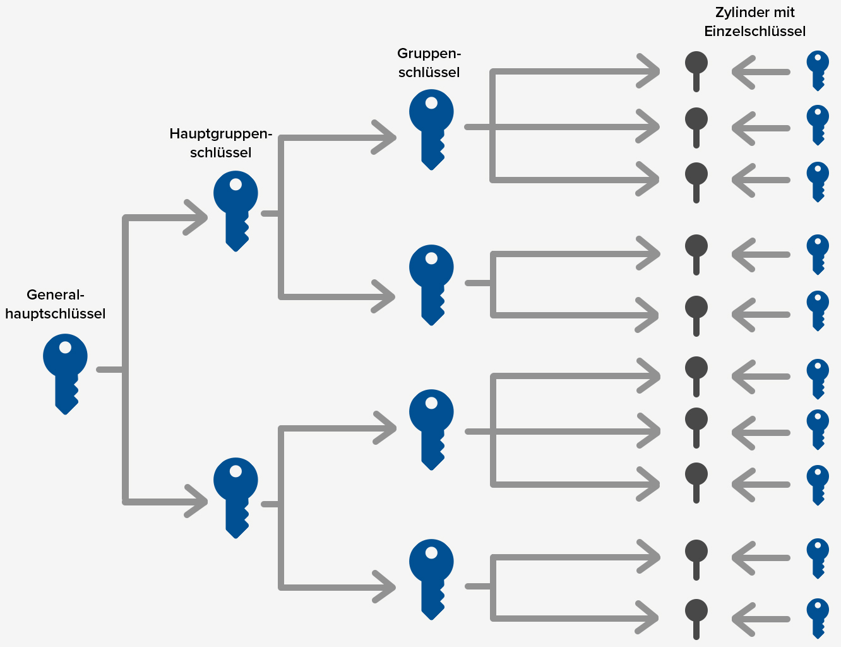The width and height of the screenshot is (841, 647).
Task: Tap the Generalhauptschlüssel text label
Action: coord(56,304)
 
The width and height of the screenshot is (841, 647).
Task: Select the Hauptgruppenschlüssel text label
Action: coord(220,143)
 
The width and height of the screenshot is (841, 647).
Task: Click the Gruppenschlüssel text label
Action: coord(429,63)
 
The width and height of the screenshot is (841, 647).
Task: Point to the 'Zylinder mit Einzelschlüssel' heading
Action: coord(755,21)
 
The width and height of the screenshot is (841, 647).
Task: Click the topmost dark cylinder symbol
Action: coord(696,70)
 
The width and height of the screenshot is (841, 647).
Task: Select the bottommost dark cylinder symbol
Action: coord(696,617)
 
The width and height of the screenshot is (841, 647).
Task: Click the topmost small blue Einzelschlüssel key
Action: coord(818,70)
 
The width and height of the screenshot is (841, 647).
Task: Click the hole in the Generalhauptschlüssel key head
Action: coord(65,347)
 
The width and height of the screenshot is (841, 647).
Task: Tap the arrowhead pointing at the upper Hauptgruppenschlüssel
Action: coord(197,218)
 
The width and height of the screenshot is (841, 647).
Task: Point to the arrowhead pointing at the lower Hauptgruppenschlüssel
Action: coord(197,502)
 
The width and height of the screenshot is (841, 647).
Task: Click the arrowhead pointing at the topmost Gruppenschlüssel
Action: coord(385,137)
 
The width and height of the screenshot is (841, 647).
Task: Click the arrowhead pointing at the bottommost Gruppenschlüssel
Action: coord(385,587)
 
